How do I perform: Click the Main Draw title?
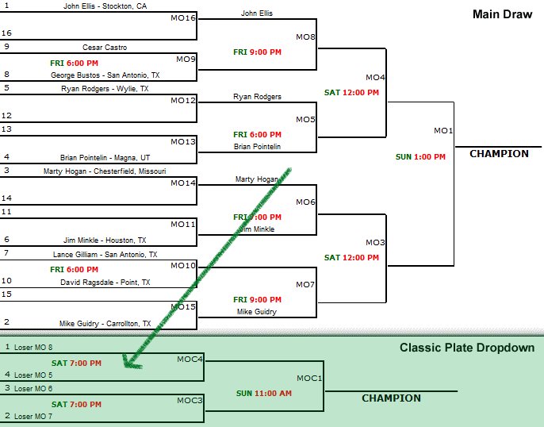pyautogui.click(x=501, y=13)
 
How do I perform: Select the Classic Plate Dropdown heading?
pyautogui.click(x=466, y=348)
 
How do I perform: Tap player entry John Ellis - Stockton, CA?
pyautogui.click(x=105, y=6)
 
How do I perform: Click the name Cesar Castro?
pyautogui.click(x=105, y=48)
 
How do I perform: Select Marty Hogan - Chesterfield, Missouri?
pyautogui.click(x=105, y=171)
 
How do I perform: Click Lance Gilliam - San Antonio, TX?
pyautogui.click(x=105, y=254)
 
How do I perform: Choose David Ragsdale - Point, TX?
pyautogui.click(x=105, y=282)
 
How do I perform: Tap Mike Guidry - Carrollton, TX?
pyautogui.click(x=105, y=323)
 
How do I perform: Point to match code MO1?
pyautogui.click(x=442, y=130)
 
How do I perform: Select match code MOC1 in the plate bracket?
pyautogui.click(x=309, y=378)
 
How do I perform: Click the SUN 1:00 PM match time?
pyautogui.click(x=420, y=157)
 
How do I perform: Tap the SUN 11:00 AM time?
pyautogui.click(x=263, y=393)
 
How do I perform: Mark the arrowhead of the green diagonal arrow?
pyautogui.click(x=126, y=364)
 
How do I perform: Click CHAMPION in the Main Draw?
pyautogui.click(x=499, y=154)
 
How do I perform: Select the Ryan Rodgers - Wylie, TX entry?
pyautogui.click(x=105, y=89)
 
